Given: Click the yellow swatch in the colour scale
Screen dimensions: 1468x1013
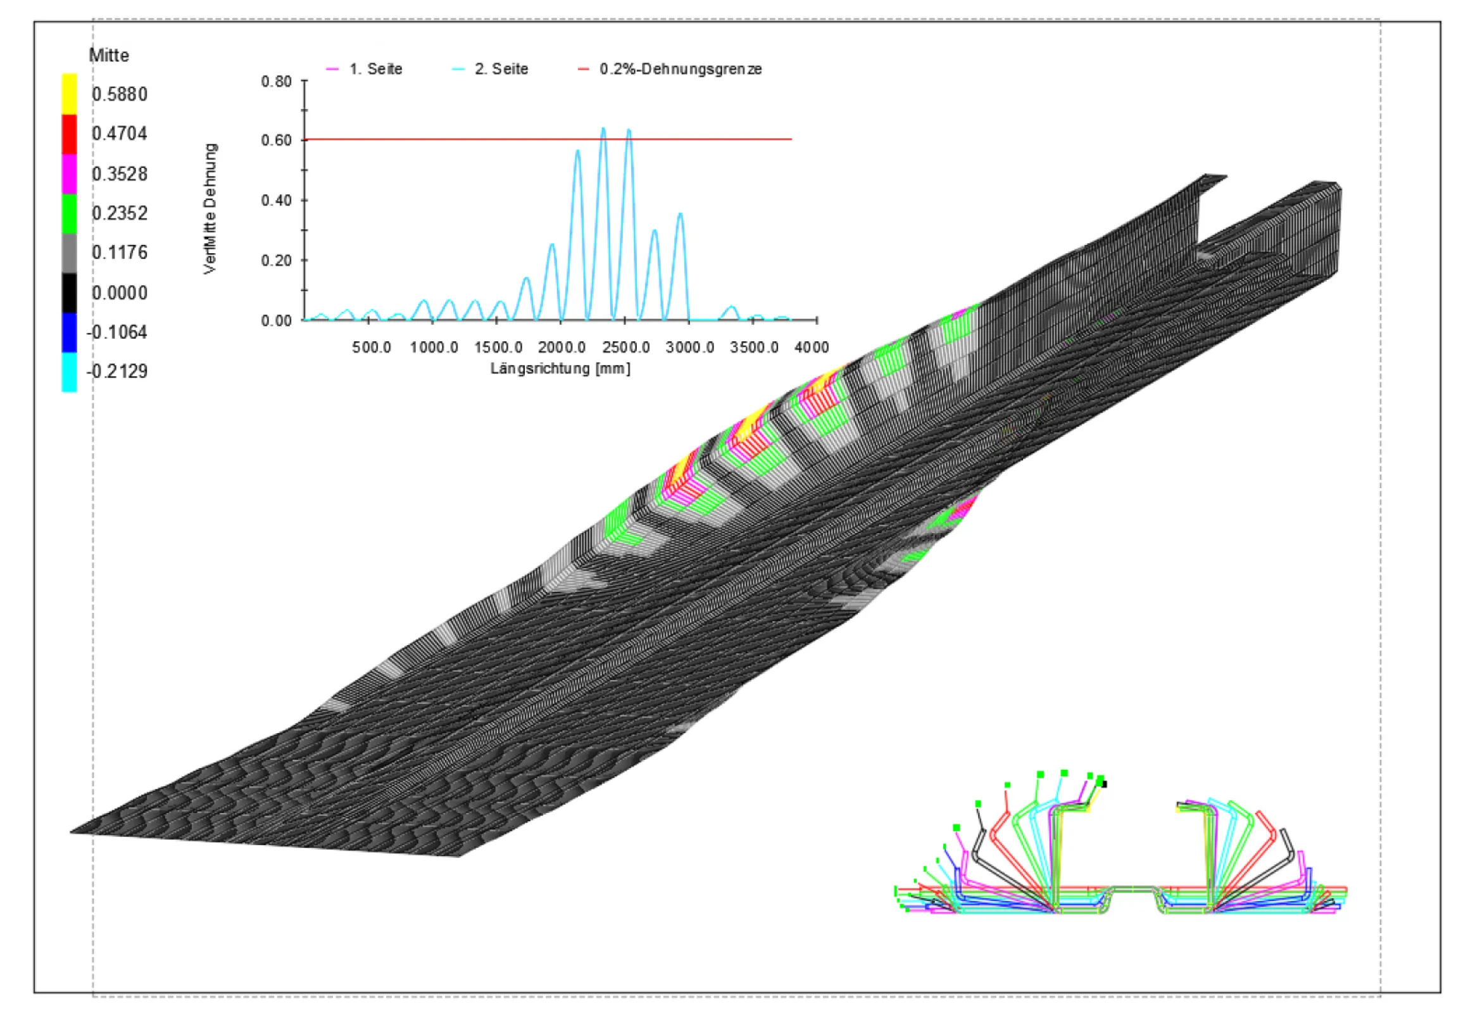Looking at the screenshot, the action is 69,94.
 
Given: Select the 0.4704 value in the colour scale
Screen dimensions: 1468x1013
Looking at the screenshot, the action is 119,134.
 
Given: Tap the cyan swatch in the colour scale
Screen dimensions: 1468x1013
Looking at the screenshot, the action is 69,372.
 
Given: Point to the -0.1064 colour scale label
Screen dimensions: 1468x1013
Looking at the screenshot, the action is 116,332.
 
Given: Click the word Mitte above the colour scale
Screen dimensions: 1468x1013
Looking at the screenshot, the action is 108,55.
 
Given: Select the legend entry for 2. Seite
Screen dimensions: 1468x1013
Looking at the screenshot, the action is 490,68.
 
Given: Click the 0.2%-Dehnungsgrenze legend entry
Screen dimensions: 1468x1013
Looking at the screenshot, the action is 670,68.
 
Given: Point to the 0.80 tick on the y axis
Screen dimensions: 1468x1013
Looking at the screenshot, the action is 276,81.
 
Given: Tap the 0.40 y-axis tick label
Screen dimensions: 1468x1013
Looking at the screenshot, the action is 276,201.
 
